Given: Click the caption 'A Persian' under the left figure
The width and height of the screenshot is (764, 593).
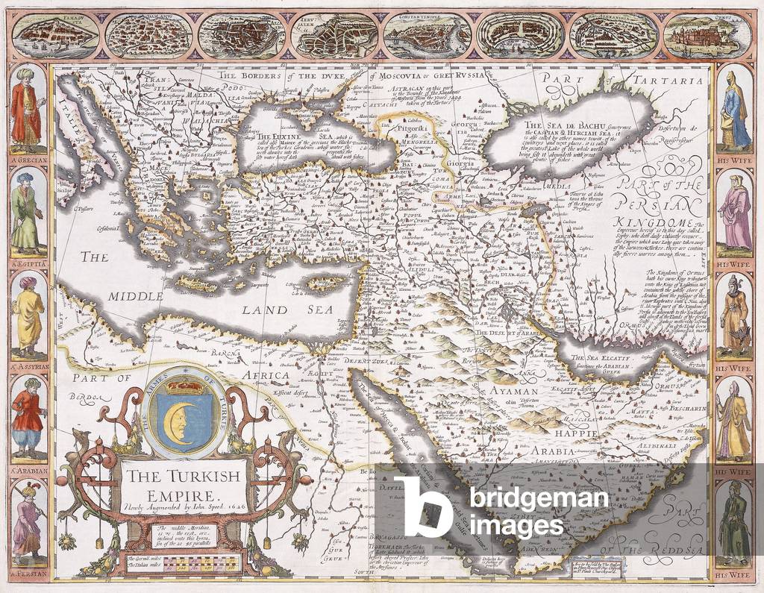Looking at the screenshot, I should [28, 575].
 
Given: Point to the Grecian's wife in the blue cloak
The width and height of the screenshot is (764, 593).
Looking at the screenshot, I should [736, 109].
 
